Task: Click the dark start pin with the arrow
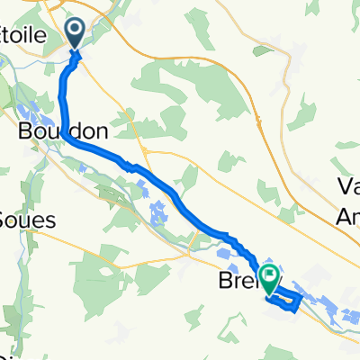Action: coord(75,33)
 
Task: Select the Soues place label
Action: coord(27,220)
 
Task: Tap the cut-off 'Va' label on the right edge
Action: coord(347,185)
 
